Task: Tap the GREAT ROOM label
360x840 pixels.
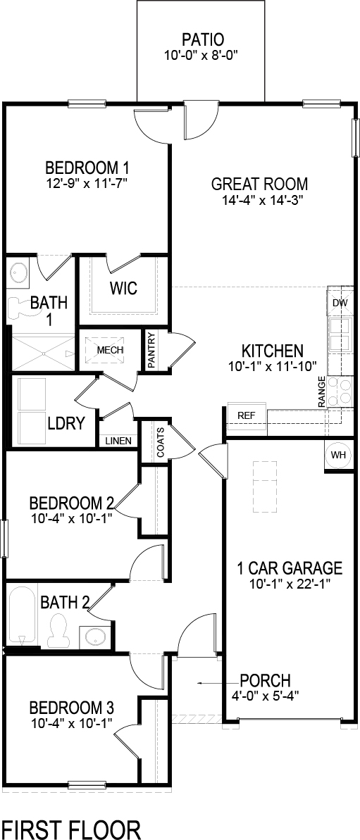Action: tap(260, 185)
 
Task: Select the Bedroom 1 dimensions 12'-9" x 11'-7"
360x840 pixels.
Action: tap(87, 183)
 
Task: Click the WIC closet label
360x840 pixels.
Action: tap(123, 289)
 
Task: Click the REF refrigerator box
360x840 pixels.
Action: tap(246, 415)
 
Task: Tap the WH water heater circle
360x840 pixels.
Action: tap(339, 455)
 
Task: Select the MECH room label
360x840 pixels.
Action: tap(110, 350)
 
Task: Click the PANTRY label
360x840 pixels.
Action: tap(151, 350)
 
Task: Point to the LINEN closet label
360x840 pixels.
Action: tap(117, 441)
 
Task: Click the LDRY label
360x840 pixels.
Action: tap(66, 423)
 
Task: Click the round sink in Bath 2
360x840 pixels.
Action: tap(94, 637)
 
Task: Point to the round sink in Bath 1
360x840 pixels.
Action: tap(19, 272)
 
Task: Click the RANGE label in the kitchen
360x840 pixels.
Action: tap(322, 392)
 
